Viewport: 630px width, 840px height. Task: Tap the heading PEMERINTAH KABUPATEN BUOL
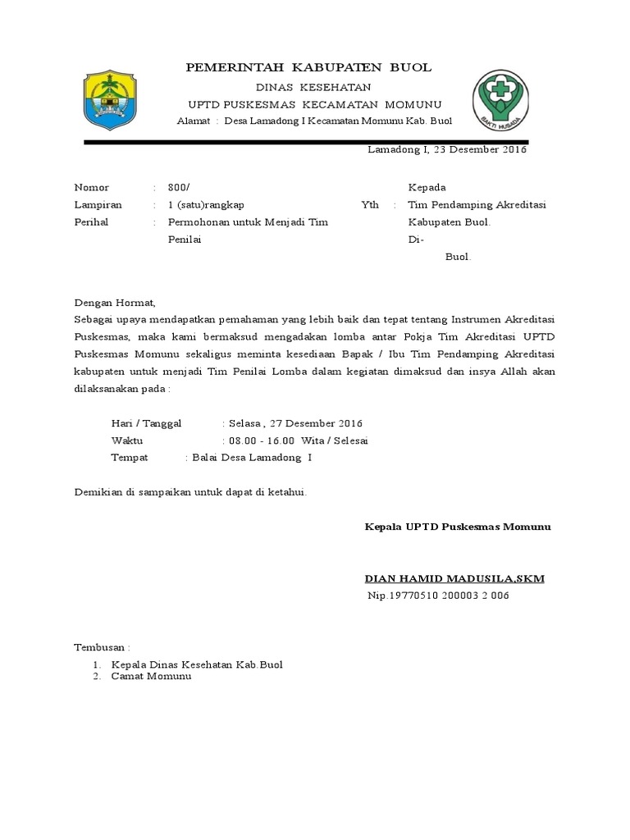[x=308, y=67]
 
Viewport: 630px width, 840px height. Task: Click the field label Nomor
[x=92, y=187]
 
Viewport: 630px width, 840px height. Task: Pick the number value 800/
[x=178, y=187]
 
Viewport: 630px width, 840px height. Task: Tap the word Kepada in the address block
[x=427, y=187]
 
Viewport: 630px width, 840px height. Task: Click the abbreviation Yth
[x=370, y=204]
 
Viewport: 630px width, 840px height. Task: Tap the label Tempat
[x=130, y=457]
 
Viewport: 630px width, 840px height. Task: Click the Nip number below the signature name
[x=438, y=596]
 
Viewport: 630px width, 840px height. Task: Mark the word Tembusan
[x=102, y=646]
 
